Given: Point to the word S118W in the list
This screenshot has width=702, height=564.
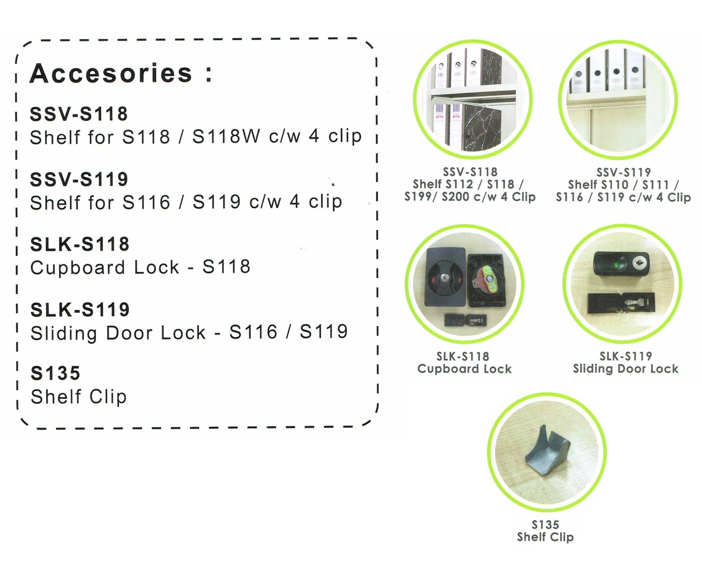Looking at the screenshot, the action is [226, 136].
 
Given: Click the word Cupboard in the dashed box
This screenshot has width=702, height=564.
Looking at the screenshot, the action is [78, 267].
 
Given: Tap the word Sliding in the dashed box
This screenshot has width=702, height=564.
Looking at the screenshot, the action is [64, 333].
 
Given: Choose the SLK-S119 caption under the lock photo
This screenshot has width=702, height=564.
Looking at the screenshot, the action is [626, 356].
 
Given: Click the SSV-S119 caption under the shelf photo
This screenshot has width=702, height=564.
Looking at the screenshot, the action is [624, 172].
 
